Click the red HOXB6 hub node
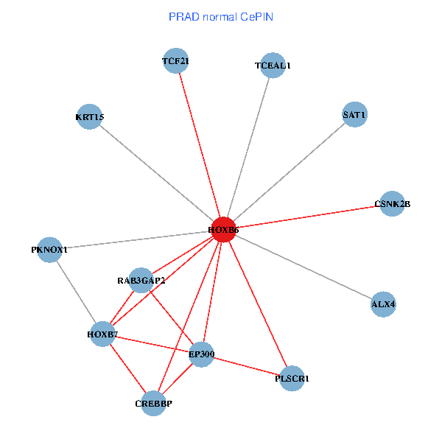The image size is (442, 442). (223, 230)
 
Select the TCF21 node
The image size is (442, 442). (175, 61)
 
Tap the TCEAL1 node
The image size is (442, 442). (273, 66)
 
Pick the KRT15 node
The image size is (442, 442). (89, 116)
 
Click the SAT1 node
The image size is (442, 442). (354, 115)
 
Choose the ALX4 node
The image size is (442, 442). (383, 304)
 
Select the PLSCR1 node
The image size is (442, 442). (292, 379)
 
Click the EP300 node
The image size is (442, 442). (201, 354)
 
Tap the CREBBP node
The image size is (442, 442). (153, 403)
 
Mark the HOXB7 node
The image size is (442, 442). (102, 334)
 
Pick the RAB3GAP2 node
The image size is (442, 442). (141, 280)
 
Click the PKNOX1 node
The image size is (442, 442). (49, 250)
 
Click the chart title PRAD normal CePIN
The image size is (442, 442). (221, 16)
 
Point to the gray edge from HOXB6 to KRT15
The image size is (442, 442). (156, 173)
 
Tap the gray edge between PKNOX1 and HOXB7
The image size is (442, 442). (76, 292)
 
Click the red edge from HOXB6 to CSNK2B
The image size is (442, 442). (308, 217)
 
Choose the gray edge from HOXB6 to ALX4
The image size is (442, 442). (303, 267)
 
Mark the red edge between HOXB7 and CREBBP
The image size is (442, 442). (127, 368)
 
